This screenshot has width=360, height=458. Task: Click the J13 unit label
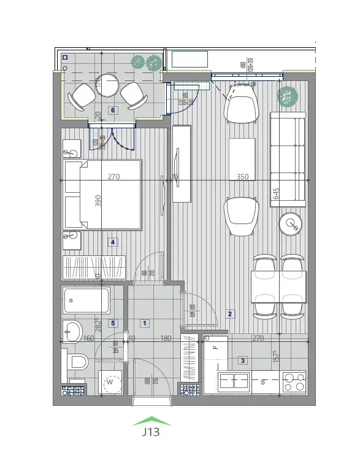(x=151, y=432)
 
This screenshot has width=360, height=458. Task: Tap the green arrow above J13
(x=151, y=421)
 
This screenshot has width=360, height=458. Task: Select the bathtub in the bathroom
(x=86, y=301)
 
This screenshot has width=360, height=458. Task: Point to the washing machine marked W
(x=111, y=382)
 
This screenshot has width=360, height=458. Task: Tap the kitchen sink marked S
(x=234, y=381)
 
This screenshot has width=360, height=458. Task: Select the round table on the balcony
(x=107, y=85)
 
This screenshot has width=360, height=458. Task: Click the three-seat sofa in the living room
(x=288, y=158)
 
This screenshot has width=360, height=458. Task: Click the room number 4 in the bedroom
(x=112, y=242)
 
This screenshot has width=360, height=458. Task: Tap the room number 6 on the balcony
(x=112, y=111)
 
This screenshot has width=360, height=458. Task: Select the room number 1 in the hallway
(x=145, y=322)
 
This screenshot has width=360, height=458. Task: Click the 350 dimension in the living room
(x=243, y=177)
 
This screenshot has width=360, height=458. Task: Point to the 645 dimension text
(x=276, y=194)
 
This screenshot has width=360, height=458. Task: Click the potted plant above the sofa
(x=287, y=95)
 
